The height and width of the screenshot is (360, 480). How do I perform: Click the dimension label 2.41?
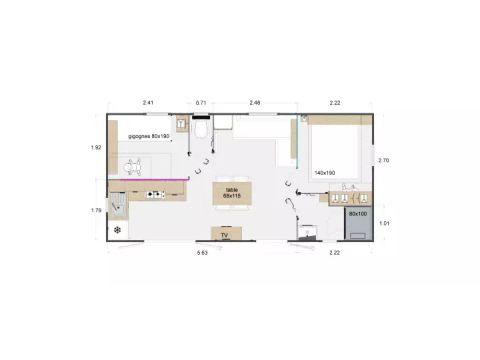click(x=148, y=103)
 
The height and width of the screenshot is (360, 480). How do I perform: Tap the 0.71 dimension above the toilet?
click(x=201, y=103)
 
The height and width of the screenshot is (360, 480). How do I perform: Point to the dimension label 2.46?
click(x=255, y=103)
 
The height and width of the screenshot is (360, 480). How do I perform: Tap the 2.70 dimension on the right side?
click(x=383, y=160)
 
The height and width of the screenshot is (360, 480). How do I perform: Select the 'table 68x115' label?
click(x=232, y=192)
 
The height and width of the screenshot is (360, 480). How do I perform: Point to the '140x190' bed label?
click(x=324, y=172)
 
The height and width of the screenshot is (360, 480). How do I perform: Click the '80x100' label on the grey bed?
click(x=357, y=213)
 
